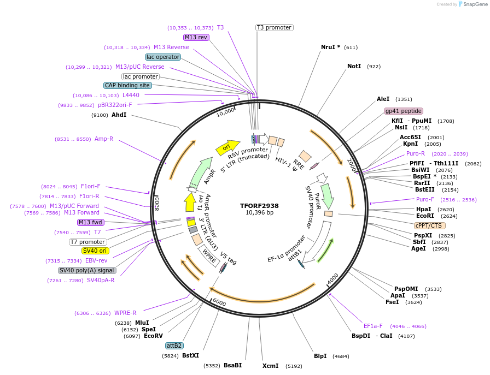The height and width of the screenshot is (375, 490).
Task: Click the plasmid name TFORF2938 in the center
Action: (x=259, y=206)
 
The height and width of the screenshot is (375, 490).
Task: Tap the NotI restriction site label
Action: (x=354, y=66)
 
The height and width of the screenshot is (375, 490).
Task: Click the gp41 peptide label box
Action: (x=404, y=111)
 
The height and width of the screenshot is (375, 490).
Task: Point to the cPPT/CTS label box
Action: (x=430, y=225)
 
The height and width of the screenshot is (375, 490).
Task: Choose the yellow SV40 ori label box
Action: (x=95, y=251)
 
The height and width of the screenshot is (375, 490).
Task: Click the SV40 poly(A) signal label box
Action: (x=87, y=270)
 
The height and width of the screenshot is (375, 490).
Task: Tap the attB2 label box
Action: (x=174, y=346)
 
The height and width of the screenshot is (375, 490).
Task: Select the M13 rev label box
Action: (x=196, y=37)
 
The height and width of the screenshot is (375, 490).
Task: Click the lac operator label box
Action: (x=163, y=57)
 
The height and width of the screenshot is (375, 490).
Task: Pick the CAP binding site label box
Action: (x=127, y=85)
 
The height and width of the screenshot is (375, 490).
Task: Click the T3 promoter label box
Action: (x=274, y=27)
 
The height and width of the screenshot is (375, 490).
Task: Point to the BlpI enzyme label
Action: (x=320, y=356)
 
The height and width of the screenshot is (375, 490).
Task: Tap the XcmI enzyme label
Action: (x=270, y=366)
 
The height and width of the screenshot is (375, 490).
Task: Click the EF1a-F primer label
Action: (x=374, y=326)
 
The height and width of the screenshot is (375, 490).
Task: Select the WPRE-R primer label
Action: (x=125, y=313)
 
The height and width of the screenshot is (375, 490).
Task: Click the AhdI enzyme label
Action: (x=119, y=115)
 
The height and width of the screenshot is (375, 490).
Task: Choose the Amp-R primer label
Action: (x=104, y=139)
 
